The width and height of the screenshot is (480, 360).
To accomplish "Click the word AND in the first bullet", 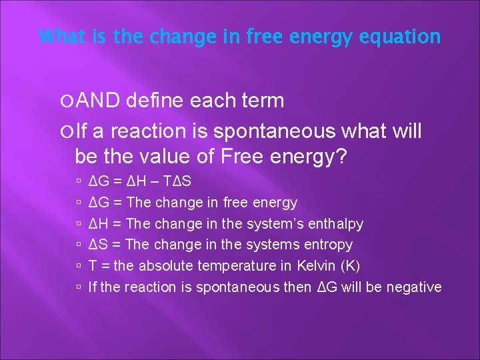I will tap(99, 101).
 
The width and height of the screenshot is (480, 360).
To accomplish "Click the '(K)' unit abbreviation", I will tap(349, 266).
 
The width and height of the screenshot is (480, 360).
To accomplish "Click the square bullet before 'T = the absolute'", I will tap(79, 266).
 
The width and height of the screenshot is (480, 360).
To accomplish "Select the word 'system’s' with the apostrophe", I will tap(275, 223).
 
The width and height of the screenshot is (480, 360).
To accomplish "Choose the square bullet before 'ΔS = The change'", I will tap(79, 245).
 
